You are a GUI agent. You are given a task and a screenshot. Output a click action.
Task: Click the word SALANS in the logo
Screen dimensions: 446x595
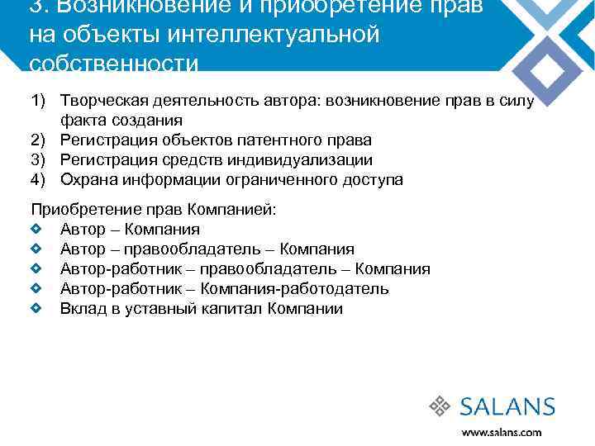tap(507, 406)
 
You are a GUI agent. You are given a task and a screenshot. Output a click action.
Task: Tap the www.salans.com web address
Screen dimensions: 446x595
tap(502, 431)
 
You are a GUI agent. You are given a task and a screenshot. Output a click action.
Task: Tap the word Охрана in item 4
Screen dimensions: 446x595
tap(88, 180)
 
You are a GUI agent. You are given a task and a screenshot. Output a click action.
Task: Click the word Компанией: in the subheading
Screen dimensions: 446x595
tap(234, 210)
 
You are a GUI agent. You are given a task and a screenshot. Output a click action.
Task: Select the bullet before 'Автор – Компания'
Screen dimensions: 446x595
tap(35, 230)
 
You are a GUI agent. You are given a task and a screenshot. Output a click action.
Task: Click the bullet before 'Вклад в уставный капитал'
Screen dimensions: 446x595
tap(35, 309)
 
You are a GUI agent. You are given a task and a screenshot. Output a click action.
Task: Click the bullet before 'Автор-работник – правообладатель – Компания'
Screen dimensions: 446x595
tap(35, 269)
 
